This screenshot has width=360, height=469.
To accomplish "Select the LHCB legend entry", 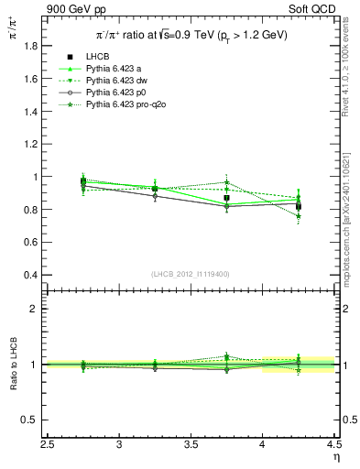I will point(97,57).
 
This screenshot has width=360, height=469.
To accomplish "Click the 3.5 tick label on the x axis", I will point(191,446).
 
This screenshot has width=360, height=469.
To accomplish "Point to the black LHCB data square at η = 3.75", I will point(226,198).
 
